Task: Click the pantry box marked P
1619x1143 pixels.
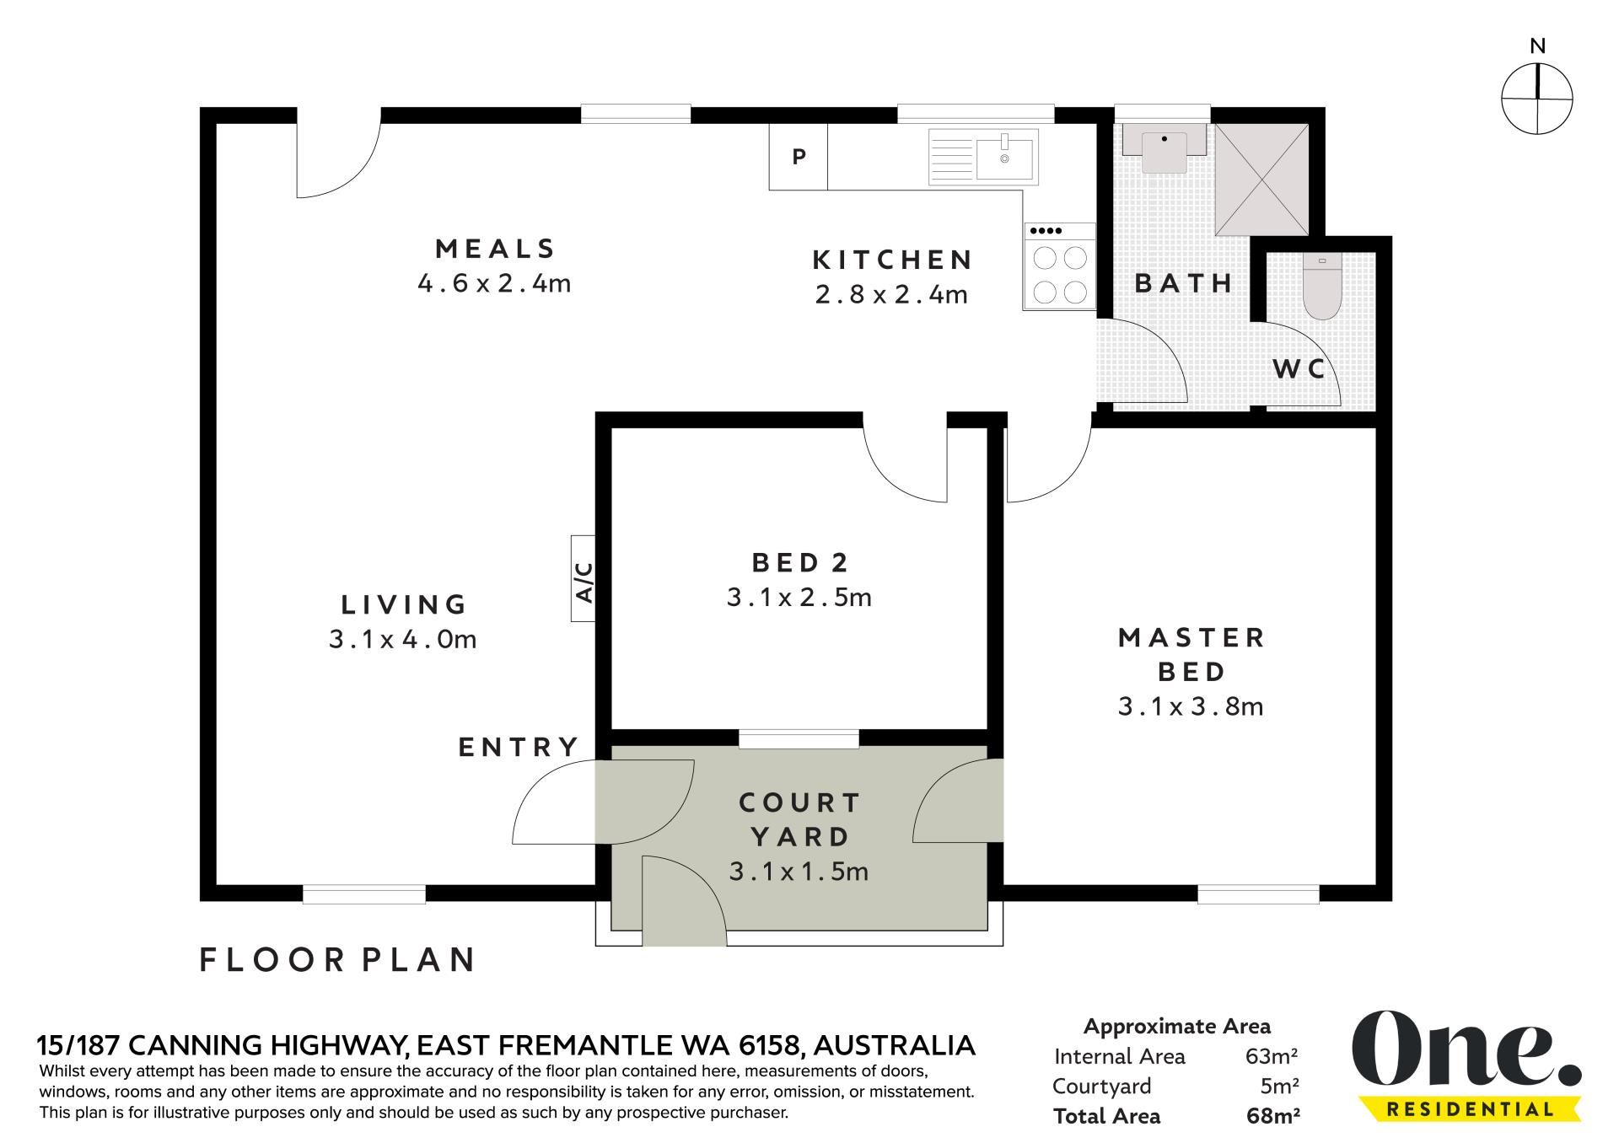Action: [x=799, y=157]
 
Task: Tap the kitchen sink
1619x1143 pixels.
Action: [x=983, y=157]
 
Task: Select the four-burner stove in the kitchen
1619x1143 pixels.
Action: [x=1060, y=266]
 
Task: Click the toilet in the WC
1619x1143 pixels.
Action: [x=1321, y=287]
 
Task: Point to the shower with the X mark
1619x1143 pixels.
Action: [x=1261, y=180]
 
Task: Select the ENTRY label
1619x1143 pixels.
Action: [x=519, y=747]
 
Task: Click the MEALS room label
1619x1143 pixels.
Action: [x=496, y=249]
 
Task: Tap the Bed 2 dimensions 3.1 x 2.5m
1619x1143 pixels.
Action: [x=799, y=598]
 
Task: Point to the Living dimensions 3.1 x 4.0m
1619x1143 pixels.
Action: [x=403, y=640]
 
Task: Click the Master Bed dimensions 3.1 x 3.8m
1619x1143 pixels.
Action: [x=1191, y=706]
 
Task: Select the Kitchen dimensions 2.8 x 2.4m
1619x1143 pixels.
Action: [x=892, y=295]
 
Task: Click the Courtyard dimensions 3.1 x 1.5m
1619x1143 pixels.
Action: [x=799, y=872]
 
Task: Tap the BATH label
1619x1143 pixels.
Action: [x=1184, y=283]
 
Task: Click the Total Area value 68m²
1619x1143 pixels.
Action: [x=1273, y=1117]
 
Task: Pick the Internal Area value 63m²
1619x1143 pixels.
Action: [x=1272, y=1056]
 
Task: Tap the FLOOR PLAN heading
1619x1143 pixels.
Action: [x=338, y=960]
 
